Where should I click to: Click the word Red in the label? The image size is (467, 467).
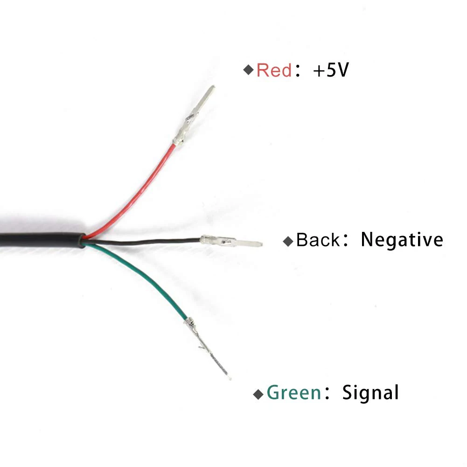tap(274, 70)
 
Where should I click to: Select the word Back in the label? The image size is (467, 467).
tap(318, 240)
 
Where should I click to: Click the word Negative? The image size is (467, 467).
tap(402, 240)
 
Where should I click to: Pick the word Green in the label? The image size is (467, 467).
tap(294, 393)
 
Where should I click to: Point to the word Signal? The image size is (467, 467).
tap(370, 392)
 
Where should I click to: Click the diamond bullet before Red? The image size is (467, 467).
tap(248, 70)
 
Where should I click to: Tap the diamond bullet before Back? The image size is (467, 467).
tap(289, 241)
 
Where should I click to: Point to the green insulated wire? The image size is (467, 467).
tap(149, 279)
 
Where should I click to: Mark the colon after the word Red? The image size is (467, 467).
tap(298, 71)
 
